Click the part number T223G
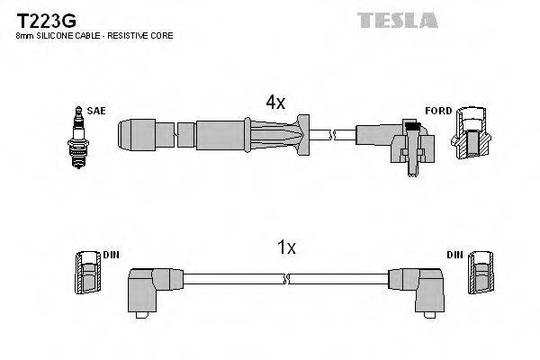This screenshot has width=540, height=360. (42, 18)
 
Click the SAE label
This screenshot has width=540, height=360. (96, 111)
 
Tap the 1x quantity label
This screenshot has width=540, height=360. (285, 247)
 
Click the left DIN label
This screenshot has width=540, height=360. (111, 256)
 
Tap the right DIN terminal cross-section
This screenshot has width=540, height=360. (481, 273)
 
